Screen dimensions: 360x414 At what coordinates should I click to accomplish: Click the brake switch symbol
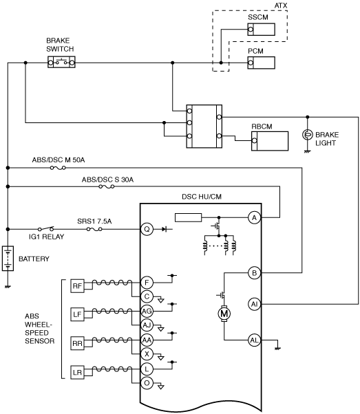tap(61, 62)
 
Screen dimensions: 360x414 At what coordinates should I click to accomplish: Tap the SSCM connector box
tap(261, 30)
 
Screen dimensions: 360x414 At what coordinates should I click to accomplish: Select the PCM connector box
tap(261, 63)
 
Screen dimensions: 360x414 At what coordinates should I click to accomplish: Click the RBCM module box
tap(270, 141)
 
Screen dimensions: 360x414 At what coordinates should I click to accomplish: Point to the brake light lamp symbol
tap(307, 135)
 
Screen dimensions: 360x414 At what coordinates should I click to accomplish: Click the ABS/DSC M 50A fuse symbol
tap(58, 168)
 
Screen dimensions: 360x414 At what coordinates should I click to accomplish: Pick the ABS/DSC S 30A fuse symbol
tap(107, 186)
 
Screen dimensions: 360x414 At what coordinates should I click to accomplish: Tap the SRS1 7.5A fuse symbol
tap(94, 229)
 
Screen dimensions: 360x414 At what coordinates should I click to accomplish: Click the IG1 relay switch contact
tap(45, 228)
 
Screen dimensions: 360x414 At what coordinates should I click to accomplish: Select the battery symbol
tap(8, 259)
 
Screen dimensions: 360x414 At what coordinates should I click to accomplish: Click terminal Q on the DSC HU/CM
tap(147, 229)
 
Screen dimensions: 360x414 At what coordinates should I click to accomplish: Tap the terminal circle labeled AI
tap(254, 304)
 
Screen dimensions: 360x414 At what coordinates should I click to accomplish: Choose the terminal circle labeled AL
tap(254, 340)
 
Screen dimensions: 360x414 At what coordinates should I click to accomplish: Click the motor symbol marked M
tap(224, 314)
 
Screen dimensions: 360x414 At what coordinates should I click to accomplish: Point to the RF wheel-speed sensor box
tap(77, 286)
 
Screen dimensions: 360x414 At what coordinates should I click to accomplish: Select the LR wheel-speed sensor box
tap(77, 373)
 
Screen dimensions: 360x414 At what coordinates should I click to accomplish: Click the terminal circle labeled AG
tap(147, 311)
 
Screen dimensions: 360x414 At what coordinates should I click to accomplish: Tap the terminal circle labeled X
tap(147, 354)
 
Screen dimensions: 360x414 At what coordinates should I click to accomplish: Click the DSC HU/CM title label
tap(202, 197)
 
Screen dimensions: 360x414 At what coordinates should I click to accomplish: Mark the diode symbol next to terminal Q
tap(165, 229)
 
